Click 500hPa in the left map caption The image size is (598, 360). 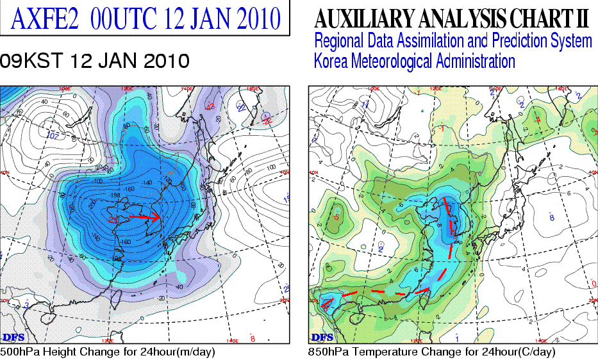20,352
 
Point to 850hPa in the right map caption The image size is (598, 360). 330,352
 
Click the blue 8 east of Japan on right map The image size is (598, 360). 552,218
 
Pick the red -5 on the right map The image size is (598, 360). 336,218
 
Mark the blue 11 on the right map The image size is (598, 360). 365,104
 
